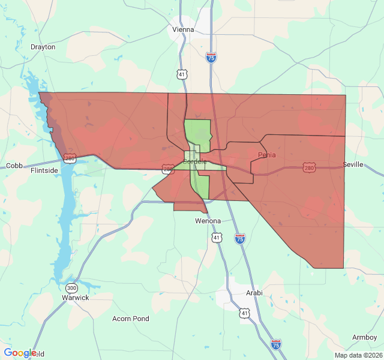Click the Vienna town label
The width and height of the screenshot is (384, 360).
click(x=183, y=29)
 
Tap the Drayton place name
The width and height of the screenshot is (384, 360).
click(x=43, y=47)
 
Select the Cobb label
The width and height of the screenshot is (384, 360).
click(x=14, y=166)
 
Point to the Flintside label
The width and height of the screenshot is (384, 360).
click(x=44, y=170)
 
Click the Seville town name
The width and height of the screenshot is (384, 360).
click(x=353, y=164)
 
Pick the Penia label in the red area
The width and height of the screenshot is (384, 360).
click(x=267, y=155)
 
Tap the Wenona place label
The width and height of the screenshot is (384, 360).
click(x=208, y=221)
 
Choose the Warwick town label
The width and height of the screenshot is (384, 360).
click(x=76, y=298)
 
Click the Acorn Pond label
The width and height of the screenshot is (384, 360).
click(x=131, y=319)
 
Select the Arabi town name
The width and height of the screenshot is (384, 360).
click(x=254, y=293)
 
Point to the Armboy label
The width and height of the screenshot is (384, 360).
click(x=364, y=337)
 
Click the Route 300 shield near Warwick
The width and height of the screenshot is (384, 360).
click(x=72, y=287)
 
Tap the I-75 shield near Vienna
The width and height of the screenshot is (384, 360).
click(x=211, y=58)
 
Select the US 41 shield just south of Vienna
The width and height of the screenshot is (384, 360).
click(x=182, y=74)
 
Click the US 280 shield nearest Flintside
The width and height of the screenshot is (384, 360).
click(x=70, y=158)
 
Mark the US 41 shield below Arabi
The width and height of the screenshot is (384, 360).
click(x=244, y=313)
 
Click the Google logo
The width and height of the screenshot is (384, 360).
click(x=20, y=353)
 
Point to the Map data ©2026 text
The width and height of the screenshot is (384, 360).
click(x=357, y=355)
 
